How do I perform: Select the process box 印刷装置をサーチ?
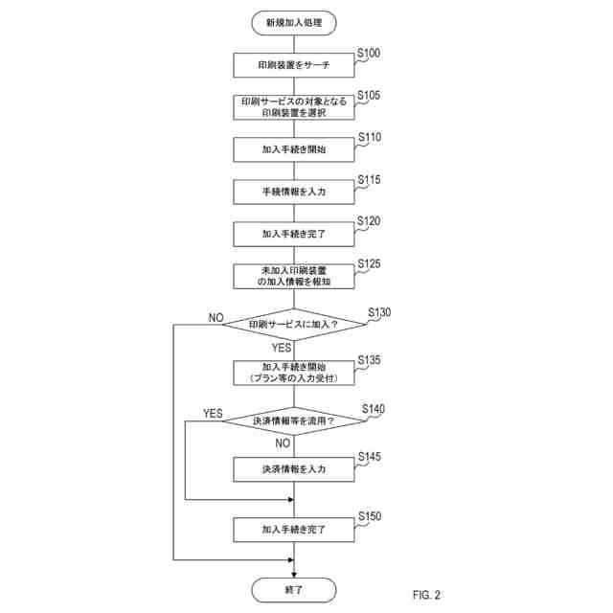tap(294, 65)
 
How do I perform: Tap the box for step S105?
tap(294, 107)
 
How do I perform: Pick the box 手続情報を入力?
tap(294, 192)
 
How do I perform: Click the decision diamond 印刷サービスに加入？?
tap(294, 325)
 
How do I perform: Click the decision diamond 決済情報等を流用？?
tap(294, 421)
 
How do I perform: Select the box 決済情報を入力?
tap(294, 470)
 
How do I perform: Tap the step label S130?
tap(380, 313)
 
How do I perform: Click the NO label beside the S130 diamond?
tap(216, 317)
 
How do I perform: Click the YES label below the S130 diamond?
tap(283, 348)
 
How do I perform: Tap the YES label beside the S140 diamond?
tap(213, 414)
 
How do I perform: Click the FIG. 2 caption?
tap(427, 595)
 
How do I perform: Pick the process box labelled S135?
tap(294, 373)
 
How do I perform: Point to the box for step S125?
tap(294, 276)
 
